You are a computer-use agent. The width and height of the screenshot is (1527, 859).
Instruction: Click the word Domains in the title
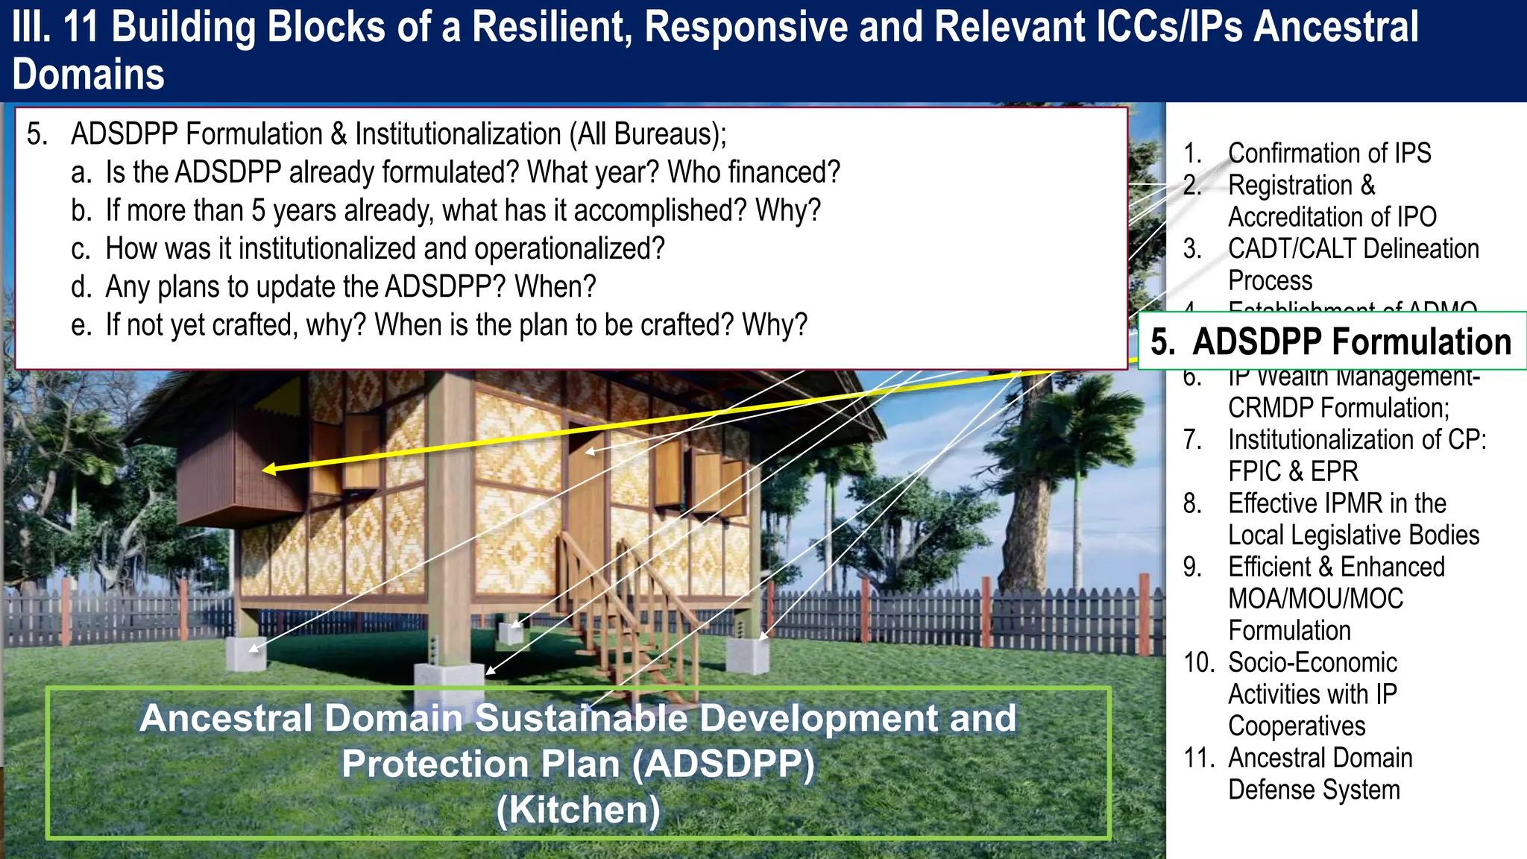pos(88,75)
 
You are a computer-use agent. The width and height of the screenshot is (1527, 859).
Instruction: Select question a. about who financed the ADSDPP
pos(472,172)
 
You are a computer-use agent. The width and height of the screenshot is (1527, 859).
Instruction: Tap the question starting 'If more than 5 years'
pos(462,210)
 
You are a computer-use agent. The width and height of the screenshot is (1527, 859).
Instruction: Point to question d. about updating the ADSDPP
pos(350,286)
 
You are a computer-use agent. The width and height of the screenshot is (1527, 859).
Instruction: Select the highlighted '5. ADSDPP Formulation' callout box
pos(1331,342)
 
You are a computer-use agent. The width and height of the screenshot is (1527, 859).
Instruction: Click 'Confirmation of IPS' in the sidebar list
pos(1329,153)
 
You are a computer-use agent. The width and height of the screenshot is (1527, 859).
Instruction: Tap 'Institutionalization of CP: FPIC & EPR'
pos(1356,455)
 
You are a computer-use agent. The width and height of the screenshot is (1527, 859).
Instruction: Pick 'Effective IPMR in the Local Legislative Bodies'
pos(1353,519)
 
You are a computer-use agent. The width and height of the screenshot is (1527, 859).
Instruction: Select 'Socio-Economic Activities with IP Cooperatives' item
pos(1312,693)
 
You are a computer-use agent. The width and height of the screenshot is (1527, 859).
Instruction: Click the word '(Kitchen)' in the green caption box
pos(579,810)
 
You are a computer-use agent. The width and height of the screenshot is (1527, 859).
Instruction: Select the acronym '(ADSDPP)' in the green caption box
pos(723,764)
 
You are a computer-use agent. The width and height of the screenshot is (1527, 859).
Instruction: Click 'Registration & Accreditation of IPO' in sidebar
pos(1331,201)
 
